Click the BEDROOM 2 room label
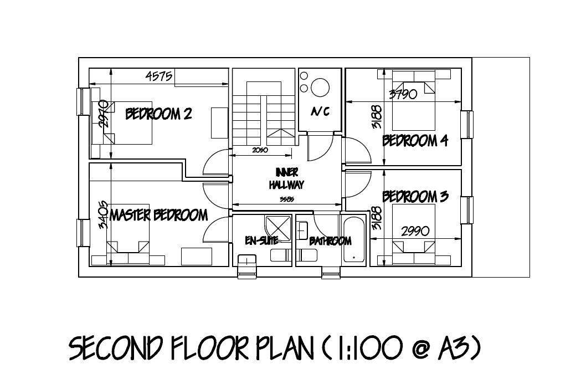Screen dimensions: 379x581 pyautogui.click(x=159, y=114)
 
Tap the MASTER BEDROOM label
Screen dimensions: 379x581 pyautogui.click(x=159, y=214)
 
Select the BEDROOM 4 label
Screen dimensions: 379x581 pyautogui.click(x=415, y=141)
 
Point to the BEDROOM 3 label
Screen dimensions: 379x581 pyautogui.click(x=415, y=197)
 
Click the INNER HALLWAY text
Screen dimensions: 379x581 pyautogui.click(x=286, y=179)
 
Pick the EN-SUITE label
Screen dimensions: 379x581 pyautogui.click(x=261, y=240)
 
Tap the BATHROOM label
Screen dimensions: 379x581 pyautogui.click(x=330, y=241)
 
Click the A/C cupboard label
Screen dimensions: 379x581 pyautogui.click(x=320, y=112)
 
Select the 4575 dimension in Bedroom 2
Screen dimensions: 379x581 pyautogui.click(x=160, y=76)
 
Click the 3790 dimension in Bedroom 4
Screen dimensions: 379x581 pyautogui.click(x=403, y=94)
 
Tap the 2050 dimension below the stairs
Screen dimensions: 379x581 pyautogui.click(x=260, y=150)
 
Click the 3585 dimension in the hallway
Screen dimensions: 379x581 pyautogui.click(x=286, y=199)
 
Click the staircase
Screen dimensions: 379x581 pyautogui.click(x=263, y=111)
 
